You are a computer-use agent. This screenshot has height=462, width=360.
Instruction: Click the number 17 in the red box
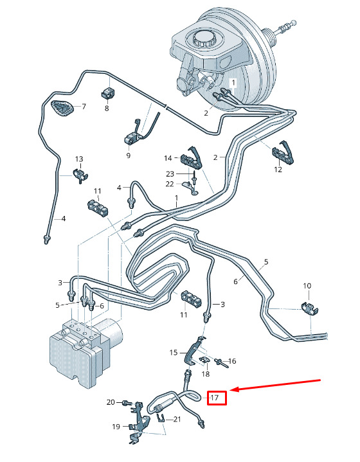(215, 398)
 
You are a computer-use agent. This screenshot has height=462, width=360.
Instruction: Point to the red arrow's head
(231, 391)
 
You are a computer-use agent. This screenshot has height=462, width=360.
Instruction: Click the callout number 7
(84, 107)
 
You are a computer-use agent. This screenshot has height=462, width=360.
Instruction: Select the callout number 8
(107, 109)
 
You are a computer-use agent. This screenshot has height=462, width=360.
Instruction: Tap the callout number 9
(129, 155)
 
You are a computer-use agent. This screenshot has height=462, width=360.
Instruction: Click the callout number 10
(307, 286)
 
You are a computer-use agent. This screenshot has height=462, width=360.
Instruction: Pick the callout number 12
(278, 170)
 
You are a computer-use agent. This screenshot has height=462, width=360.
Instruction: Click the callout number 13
(79, 159)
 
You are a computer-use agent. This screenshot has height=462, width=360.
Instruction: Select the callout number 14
(168, 158)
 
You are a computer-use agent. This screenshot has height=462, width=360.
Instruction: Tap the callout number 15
(174, 352)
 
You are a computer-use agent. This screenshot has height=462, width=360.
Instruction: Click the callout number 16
(232, 361)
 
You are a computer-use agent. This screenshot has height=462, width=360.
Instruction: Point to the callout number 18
(206, 374)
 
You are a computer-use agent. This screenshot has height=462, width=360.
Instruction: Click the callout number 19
(116, 427)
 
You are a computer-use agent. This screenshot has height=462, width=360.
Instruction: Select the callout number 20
(111, 402)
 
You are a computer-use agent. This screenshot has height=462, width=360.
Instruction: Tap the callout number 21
(177, 419)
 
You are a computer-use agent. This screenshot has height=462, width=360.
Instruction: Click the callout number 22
(170, 184)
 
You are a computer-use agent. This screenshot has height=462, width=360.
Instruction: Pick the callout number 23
(170, 174)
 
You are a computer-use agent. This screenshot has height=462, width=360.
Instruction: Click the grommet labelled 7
(62, 109)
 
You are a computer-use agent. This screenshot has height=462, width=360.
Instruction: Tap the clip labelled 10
(310, 308)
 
